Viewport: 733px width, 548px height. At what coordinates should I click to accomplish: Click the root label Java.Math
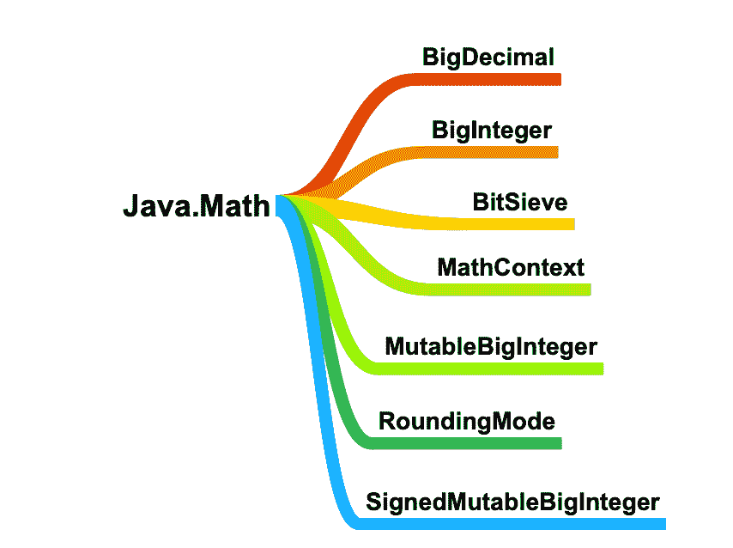click(197, 206)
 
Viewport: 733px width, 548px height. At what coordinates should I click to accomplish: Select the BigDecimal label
click(488, 58)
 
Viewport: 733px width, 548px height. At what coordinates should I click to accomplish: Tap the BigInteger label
click(491, 131)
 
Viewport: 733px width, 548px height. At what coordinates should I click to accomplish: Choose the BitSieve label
click(520, 203)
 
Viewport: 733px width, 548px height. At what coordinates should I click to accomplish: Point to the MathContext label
click(511, 266)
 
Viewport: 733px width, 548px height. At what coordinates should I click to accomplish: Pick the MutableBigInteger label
click(491, 347)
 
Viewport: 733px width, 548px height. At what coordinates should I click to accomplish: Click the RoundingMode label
click(467, 422)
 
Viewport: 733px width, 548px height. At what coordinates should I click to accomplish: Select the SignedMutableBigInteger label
click(512, 502)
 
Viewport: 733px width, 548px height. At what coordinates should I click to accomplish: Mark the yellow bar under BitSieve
click(515, 224)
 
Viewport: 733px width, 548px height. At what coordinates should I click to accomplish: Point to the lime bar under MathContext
click(515, 289)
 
